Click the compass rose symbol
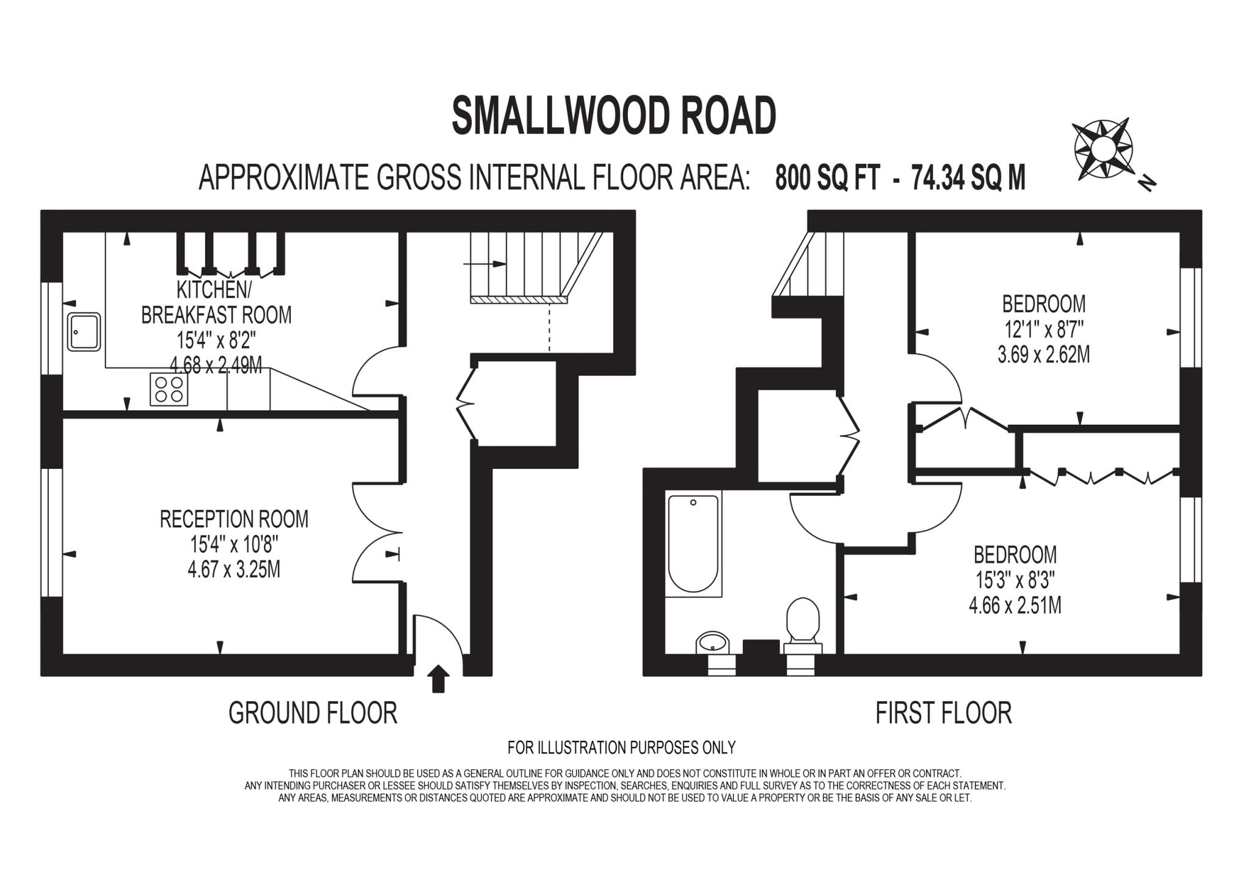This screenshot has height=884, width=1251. pyautogui.click(x=1103, y=150)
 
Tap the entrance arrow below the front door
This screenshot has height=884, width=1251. pyautogui.click(x=437, y=679)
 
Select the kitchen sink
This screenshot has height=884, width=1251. pyautogui.click(x=84, y=332)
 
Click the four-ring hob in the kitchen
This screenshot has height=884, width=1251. pyautogui.click(x=169, y=389)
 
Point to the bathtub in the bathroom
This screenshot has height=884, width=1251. pyautogui.click(x=693, y=544)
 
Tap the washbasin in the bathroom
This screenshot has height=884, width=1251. pyautogui.click(x=712, y=643)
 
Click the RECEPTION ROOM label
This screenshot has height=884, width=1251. pyautogui.click(x=234, y=519)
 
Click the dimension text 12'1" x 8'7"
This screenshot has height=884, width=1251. pyautogui.click(x=1043, y=330)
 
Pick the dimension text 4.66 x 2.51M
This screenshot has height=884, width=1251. pyautogui.click(x=1015, y=605)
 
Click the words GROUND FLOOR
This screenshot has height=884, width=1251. pyautogui.click(x=313, y=713)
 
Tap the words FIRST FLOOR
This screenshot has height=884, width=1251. pyautogui.click(x=943, y=713)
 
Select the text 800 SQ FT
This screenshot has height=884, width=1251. pyautogui.click(x=827, y=178)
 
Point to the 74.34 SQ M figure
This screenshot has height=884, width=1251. pyautogui.click(x=968, y=178)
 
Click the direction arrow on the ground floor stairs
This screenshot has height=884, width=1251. pyautogui.click(x=486, y=264)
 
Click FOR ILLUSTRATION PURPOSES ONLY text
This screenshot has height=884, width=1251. pyautogui.click(x=621, y=747)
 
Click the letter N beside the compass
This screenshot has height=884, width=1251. pyautogui.click(x=1147, y=183)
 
